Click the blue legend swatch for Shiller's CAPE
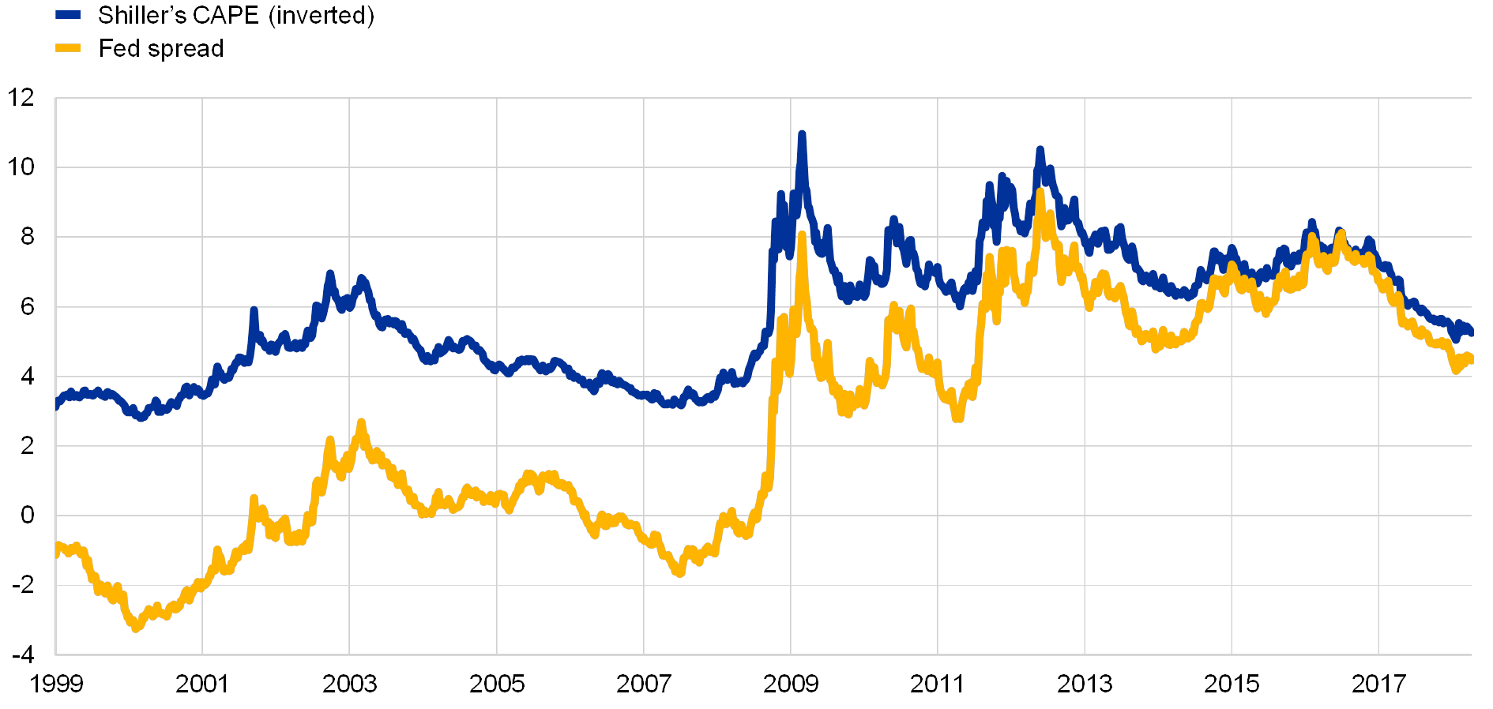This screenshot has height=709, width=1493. point(68,15)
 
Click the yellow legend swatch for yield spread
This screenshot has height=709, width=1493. point(68,49)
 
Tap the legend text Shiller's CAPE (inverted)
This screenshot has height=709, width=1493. point(235,15)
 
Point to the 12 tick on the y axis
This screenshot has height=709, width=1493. point(21,98)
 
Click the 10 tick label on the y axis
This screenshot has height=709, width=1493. point(21,167)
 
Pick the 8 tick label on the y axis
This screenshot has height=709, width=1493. point(28,237)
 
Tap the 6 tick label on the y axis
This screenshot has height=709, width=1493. point(28,306)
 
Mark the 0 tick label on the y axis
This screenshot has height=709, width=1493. point(28,516)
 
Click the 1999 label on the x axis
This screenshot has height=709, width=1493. point(55,683)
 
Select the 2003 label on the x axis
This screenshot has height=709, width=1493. point(350,683)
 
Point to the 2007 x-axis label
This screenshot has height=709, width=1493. point(644,683)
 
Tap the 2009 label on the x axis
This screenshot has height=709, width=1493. point(791,683)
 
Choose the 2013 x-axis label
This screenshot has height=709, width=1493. point(1085,683)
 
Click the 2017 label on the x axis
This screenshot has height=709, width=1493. point(1378,683)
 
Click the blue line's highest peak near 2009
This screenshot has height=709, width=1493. point(802,135)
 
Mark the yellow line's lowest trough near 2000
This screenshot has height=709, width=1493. point(136,628)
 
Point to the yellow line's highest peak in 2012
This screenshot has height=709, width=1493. point(1040,191)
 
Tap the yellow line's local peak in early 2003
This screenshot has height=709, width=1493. point(361,423)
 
